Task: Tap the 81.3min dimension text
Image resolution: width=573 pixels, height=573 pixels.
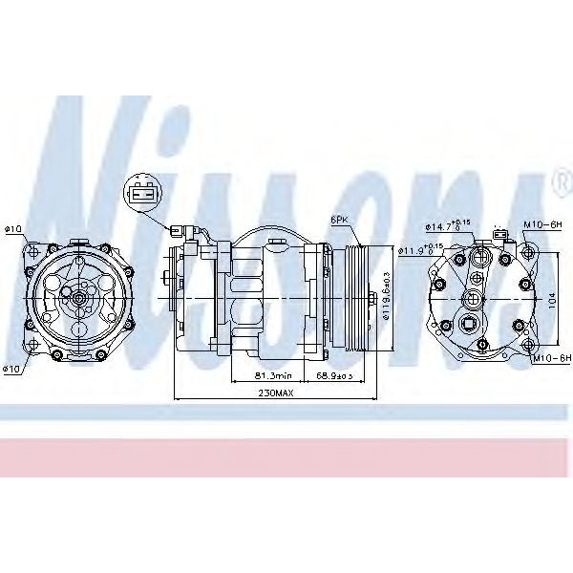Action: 268,375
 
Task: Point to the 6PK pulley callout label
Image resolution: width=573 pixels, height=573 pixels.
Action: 339,220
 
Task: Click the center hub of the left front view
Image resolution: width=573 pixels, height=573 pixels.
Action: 75,298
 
